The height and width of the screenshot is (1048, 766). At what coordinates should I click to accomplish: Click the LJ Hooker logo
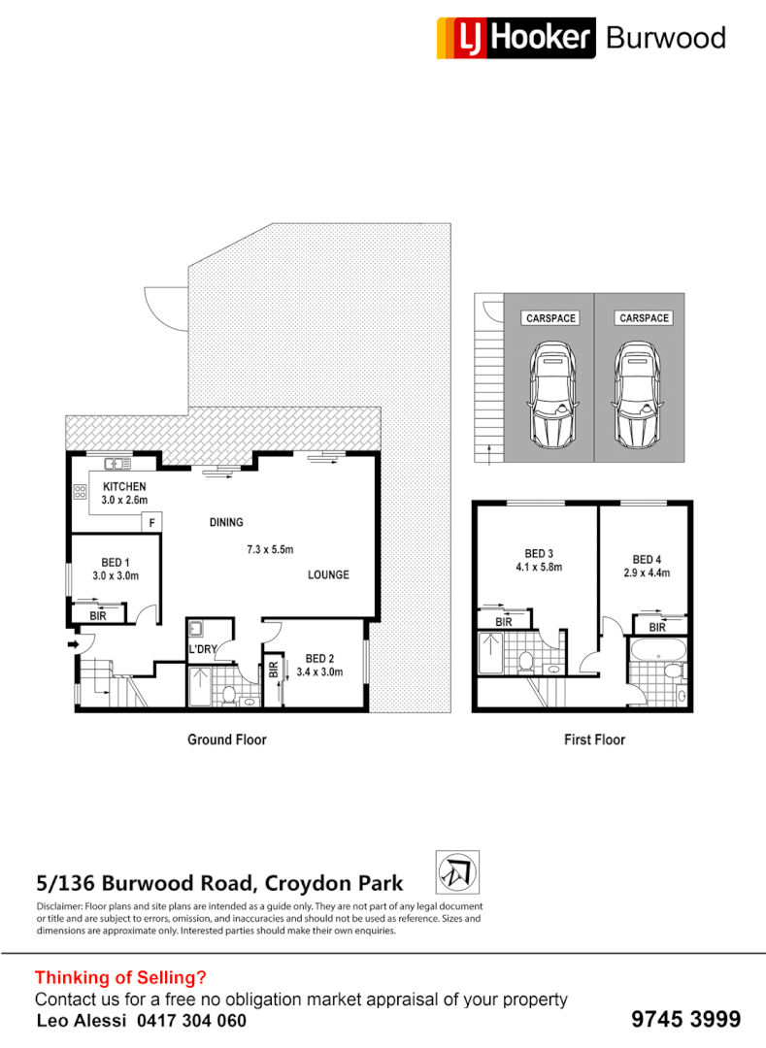pos(516,37)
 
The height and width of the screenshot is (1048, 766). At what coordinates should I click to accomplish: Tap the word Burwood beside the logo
pos(665,38)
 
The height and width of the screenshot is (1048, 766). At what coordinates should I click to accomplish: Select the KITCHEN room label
pos(124,486)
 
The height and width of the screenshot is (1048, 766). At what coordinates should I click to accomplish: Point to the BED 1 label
pos(116,563)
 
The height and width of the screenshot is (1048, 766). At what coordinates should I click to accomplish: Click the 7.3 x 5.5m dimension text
pos(270,549)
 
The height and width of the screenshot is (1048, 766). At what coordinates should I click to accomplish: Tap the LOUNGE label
pos(328,574)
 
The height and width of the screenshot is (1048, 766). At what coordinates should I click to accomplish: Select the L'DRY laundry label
pos(202,650)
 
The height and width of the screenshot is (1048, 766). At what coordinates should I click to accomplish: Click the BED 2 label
pos(319,658)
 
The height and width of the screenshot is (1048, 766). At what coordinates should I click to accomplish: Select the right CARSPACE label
pos(644,318)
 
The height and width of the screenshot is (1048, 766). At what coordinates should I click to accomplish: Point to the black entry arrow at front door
pos(73,642)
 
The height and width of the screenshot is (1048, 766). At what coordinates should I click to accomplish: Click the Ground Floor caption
pos(226,739)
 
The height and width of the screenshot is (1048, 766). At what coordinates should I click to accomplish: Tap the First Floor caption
pos(594,739)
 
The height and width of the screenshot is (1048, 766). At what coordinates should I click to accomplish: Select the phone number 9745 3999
pos(685,1019)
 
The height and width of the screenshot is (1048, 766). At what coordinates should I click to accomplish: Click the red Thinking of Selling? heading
pos(120,977)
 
